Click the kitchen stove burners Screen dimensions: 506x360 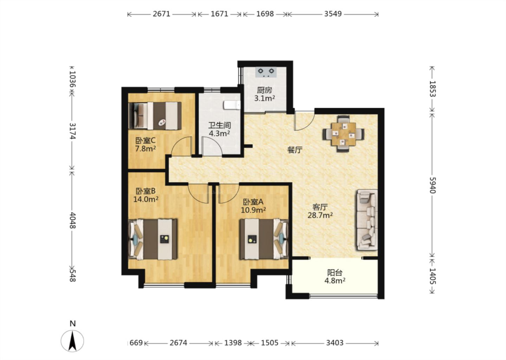point(266,72)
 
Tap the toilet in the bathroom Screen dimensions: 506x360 point(232,105)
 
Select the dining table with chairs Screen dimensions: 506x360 point(344,134)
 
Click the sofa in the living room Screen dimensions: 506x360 point(367,220)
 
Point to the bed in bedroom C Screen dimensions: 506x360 point(155,116)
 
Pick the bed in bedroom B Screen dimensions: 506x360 point(153,239)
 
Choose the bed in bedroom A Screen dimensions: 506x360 point(264,239)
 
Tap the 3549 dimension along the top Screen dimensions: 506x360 point(333,14)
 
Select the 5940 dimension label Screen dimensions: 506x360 point(432,185)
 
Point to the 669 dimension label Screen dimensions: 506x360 point(136,343)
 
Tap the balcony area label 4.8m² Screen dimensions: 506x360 point(335,281)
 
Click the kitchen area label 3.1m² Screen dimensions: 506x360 point(265,98)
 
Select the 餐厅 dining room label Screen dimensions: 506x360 point(295,150)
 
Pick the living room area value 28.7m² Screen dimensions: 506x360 point(320,215)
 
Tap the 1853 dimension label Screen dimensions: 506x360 point(432,89)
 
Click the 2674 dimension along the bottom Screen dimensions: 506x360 point(179,343)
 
